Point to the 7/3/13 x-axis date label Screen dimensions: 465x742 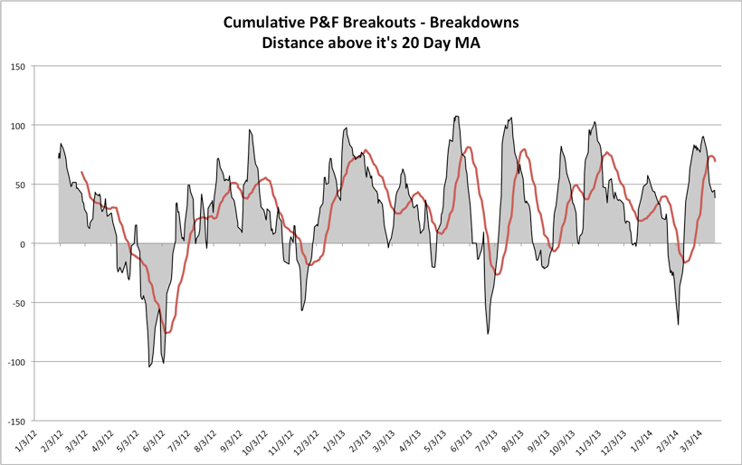pos(484,442)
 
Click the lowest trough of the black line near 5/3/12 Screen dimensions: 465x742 pos(149,366)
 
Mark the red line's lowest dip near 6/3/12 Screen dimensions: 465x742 pos(166,333)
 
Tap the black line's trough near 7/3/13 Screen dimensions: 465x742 pos(488,334)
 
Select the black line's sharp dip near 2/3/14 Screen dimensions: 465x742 pos(678,324)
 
